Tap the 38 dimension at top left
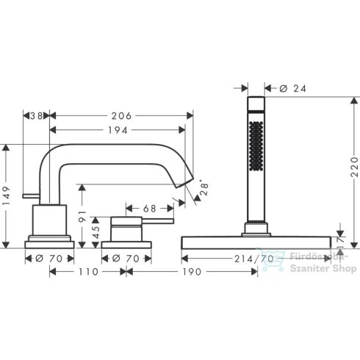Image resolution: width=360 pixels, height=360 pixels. tap(35, 115)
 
